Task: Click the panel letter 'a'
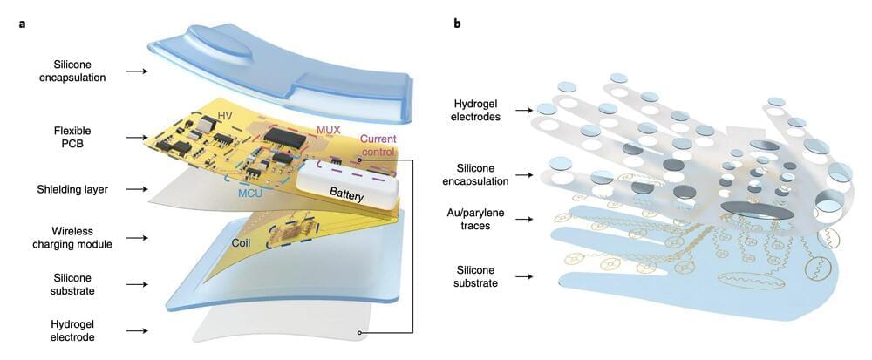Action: [x=22, y=24]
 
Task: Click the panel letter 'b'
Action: [x=457, y=24]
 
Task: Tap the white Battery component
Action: [x=348, y=185]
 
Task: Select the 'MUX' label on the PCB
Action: [x=328, y=130]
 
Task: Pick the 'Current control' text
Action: [x=377, y=146]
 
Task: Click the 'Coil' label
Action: [x=243, y=242]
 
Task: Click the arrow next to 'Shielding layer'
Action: [x=135, y=189]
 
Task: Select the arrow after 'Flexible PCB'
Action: [x=135, y=137]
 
